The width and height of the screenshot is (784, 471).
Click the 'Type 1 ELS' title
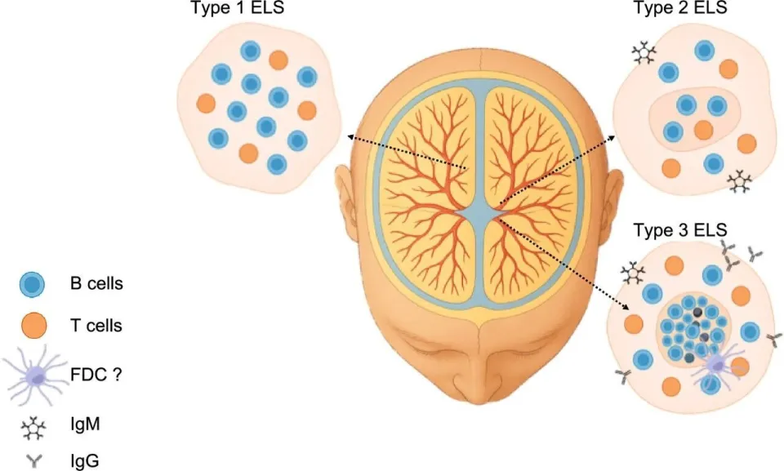pyautogui.click(x=238, y=7)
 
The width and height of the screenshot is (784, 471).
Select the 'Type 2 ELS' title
pyautogui.click(x=680, y=7)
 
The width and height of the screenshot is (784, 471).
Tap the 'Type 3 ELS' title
pyautogui.click(x=680, y=230)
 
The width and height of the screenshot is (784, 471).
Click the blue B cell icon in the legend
pyautogui.click(x=32, y=285)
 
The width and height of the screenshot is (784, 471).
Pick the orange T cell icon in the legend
pyautogui.click(x=34, y=326)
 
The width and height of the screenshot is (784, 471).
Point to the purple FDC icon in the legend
pyautogui.click(x=35, y=375)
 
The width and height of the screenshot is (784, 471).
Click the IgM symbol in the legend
pyautogui.click(x=33, y=429)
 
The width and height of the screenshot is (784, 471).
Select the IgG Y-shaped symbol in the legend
pyautogui.click(x=34, y=461)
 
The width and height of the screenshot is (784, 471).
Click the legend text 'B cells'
pyautogui.click(x=96, y=283)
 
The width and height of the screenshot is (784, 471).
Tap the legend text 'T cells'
pyautogui.click(x=96, y=326)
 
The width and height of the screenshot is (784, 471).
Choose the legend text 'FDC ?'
pyautogui.click(x=96, y=375)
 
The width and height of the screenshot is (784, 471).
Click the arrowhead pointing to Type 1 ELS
pyautogui.click(x=351, y=136)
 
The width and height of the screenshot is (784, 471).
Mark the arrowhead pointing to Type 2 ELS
pyautogui.click(x=612, y=137)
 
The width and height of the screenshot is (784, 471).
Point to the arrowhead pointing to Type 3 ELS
pyautogui.click(x=626, y=306)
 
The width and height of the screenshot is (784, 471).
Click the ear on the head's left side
pyautogui.click(x=346, y=200)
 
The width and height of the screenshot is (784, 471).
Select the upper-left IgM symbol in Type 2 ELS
pyautogui.click(x=644, y=52)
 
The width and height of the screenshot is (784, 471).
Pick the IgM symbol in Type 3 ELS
pyautogui.click(x=633, y=273)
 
